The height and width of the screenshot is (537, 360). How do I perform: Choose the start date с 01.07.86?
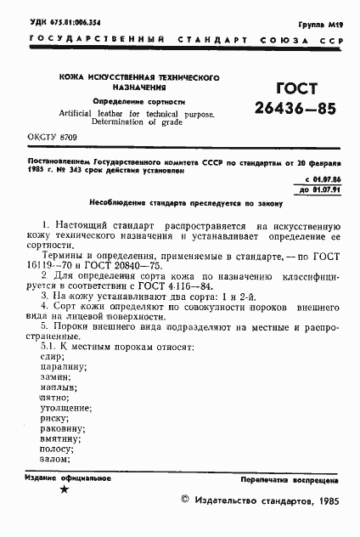(323, 181)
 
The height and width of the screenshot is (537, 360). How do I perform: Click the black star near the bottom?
(64, 489)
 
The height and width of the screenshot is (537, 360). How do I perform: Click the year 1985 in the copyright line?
(327, 502)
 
